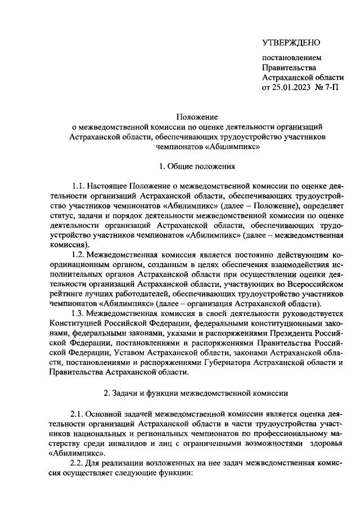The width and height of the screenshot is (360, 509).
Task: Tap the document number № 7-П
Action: pos(328,88)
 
